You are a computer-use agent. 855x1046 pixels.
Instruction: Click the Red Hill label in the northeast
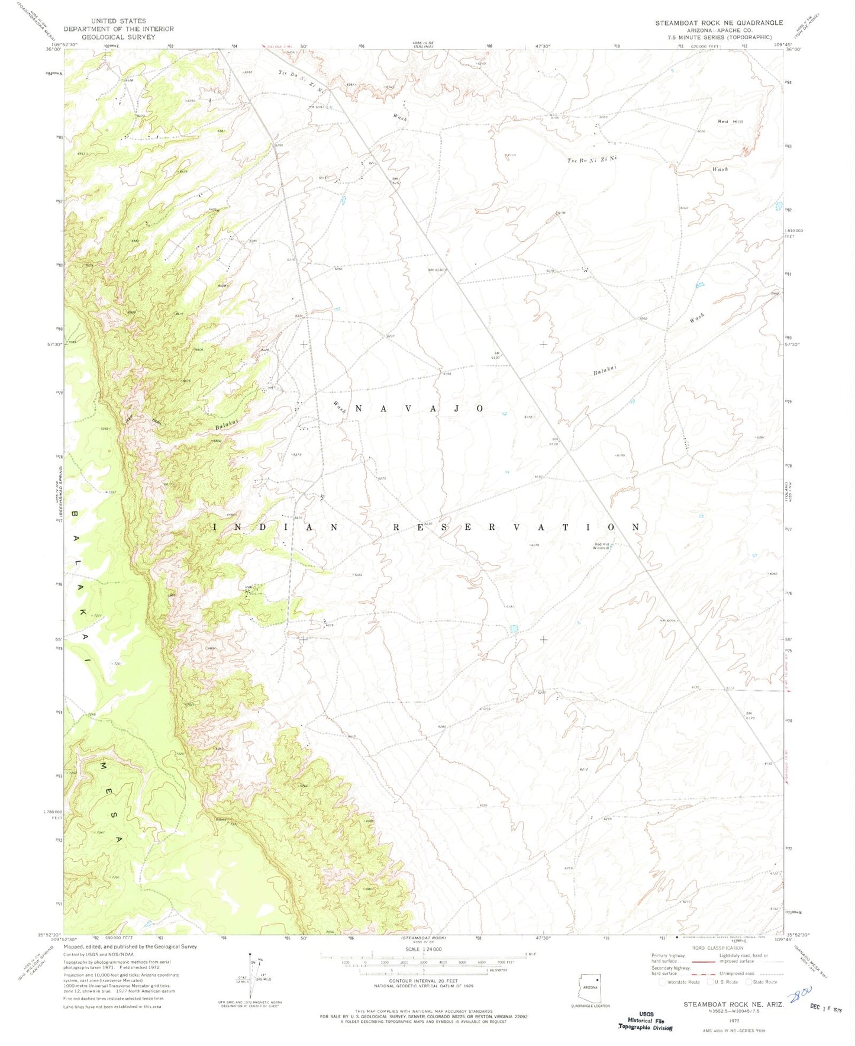pos(730,121)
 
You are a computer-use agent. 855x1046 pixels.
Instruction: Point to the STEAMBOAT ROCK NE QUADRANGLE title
pos(718,22)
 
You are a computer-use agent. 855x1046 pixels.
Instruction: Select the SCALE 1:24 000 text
pos(423,949)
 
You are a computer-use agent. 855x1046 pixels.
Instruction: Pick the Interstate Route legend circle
pos(662,981)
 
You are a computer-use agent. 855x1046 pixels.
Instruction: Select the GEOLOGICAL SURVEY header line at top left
pos(118,37)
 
